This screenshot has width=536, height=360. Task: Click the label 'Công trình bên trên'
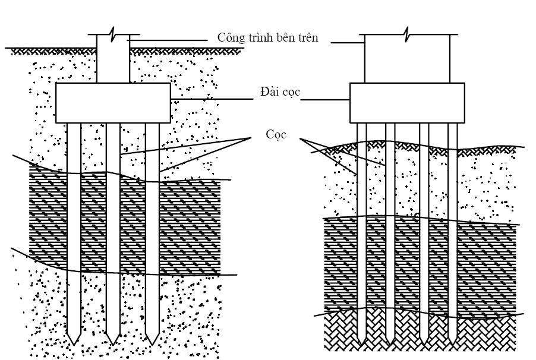pos(267,37)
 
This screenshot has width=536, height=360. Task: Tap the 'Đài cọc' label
pos(280,91)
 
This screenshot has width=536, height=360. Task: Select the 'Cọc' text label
pos(276,134)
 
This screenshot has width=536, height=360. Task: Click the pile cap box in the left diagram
pos(113,103)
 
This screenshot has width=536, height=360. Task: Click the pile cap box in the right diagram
pos(407,103)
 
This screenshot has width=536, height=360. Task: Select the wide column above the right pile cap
pos(407,58)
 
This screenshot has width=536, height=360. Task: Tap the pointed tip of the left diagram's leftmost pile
pos(74,345)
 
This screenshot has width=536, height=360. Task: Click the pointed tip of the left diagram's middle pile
pos(113,345)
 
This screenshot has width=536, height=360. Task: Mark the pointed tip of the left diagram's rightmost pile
pos(152,345)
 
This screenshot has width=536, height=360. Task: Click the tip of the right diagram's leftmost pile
pos(362,344)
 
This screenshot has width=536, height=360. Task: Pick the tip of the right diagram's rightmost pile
pos(453,344)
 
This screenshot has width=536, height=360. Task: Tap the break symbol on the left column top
pos(113,34)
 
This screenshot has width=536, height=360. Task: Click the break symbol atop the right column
pos(407,34)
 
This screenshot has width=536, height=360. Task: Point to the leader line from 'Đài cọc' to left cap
pos(212,99)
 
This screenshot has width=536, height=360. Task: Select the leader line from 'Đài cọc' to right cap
pos(324,100)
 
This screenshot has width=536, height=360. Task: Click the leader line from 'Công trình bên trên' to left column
pos(167,40)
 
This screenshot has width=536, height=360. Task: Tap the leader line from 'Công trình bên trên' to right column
pos(347,43)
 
